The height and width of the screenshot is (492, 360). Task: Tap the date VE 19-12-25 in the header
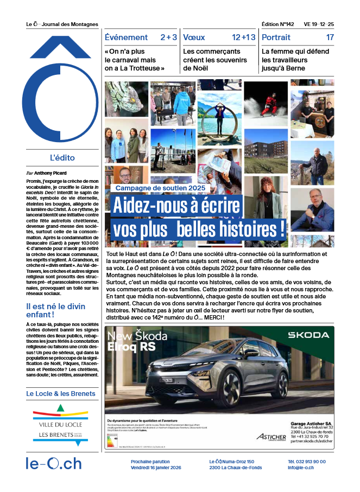[x=319, y=24]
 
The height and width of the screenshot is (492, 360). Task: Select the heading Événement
[x=126, y=37]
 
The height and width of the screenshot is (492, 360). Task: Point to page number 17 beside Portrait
[x=330, y=37]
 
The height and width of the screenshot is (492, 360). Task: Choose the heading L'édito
[x=62, y=158]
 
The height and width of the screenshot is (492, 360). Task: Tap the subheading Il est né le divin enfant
[x=56, y=310]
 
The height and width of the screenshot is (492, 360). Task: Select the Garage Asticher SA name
[x=310, y=423]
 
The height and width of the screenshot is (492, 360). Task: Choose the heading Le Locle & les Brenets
[x=61, y=394]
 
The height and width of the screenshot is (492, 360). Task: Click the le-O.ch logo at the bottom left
[x=54, y=464]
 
